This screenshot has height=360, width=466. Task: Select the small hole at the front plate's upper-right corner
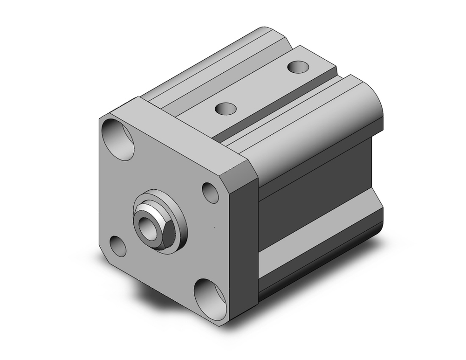coord(211,193)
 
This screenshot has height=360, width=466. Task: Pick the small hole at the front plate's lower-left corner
coord(118,246)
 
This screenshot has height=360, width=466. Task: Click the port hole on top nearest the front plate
coord(226,109)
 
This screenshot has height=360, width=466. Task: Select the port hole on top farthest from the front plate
coord(298,67)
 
